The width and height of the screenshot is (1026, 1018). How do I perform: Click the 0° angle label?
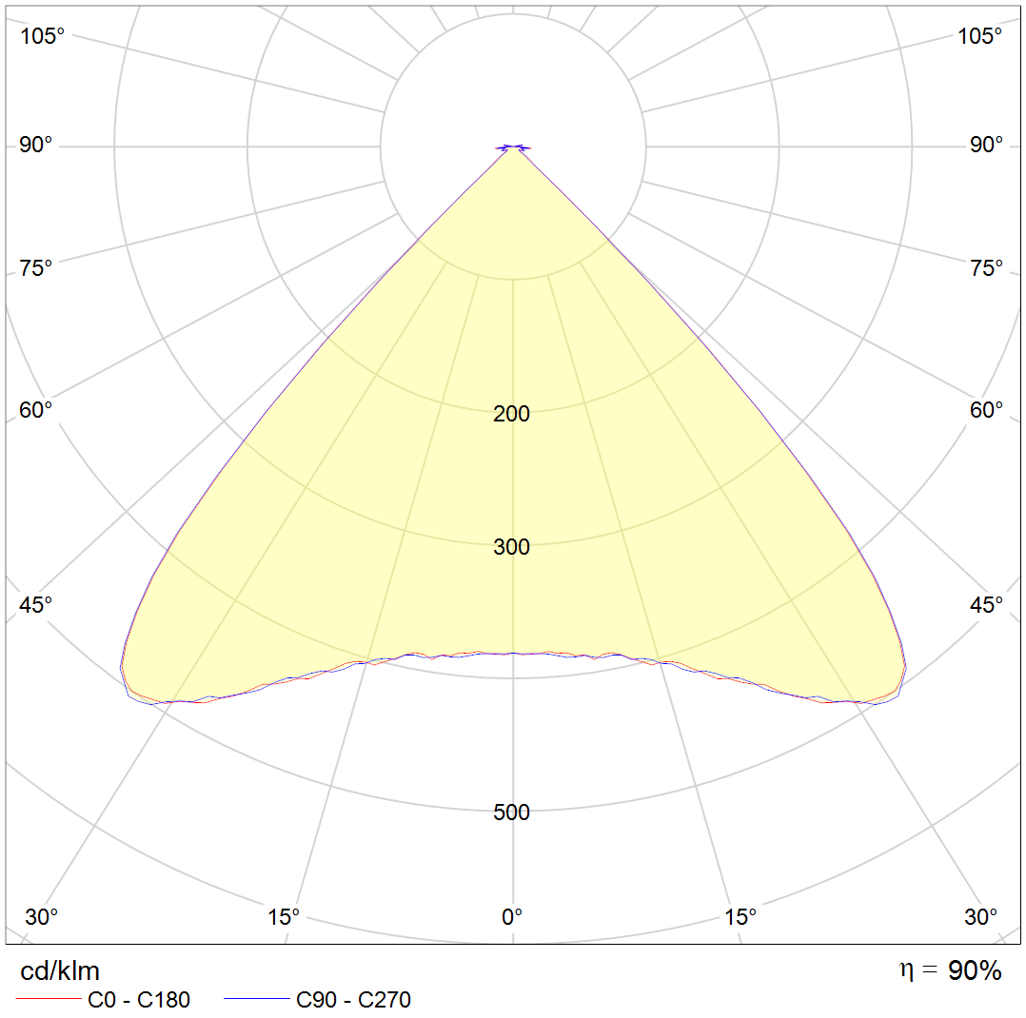[x=512, y=917]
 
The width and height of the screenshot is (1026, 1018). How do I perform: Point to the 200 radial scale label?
[x=512, y=414]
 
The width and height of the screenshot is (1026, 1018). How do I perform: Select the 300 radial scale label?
[x=512, y=547]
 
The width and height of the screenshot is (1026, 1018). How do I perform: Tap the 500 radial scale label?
[x=512, y=812]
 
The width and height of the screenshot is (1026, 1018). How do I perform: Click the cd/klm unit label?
[x=60, y=971]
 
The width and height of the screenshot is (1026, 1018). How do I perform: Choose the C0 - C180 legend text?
[x=139, y=1000]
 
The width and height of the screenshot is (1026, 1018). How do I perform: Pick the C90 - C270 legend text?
[x=354, y=1000]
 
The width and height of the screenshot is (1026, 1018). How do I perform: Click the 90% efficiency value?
[x=975, y=971]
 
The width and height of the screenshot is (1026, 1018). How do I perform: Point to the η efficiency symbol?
[x=908, y=970]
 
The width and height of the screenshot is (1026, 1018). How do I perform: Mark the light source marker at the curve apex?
[x=513, y=147]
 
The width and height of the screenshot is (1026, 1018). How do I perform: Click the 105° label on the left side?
[x=43, y=36]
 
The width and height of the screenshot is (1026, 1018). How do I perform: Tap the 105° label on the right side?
[x=980, y=36]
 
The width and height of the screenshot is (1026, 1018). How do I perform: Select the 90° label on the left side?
[x=36, y=145]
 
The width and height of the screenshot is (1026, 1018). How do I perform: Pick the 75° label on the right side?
[x=986, y=268]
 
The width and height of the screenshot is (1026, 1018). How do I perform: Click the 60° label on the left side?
[x=36, y=410]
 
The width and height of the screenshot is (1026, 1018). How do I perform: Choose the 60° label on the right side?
[x=986, y=410]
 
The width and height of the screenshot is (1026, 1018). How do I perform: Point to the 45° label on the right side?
[x=986, y=605]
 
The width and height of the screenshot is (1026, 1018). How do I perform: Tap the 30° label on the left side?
[x=42, y=917]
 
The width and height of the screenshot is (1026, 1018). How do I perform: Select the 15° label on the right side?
[x=740, y=917]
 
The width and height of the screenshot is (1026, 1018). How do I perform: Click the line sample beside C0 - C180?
[x=47, y=1000]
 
